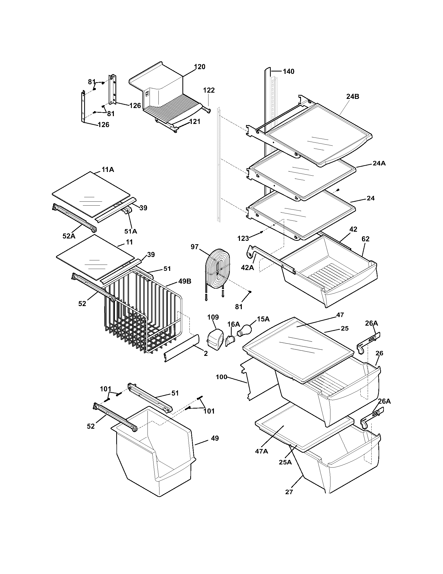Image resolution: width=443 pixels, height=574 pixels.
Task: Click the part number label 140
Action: (288, 71)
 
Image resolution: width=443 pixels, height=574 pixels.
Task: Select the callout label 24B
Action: (353, 97)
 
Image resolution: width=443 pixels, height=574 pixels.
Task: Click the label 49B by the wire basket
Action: (185, 281)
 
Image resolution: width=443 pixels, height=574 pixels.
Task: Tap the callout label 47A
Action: (261, 451)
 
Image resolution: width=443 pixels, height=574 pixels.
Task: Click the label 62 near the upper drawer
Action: (365, 239)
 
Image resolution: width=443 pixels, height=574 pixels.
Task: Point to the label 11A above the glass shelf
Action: (108, 170)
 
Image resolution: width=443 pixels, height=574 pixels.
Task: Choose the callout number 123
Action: (243, 238)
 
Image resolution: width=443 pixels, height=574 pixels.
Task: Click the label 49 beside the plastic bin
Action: (215, 438)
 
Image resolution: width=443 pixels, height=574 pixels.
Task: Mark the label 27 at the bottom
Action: (289, 492)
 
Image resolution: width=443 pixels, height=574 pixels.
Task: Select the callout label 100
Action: (221, 377)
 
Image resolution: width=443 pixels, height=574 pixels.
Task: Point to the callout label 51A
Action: (131, 231)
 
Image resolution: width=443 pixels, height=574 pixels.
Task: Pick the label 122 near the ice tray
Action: (209, 91)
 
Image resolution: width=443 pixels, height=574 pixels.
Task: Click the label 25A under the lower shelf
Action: (285, 462)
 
